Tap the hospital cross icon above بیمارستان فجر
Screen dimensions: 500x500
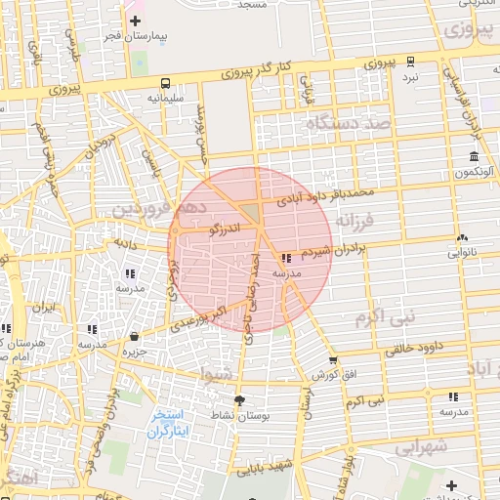pos(135,20)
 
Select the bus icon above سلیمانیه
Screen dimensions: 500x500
pos(167,83)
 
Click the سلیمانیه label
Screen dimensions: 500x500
pos(167,99)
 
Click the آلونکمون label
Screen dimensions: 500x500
pos(472,172)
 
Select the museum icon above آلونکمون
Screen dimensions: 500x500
pos(474,156)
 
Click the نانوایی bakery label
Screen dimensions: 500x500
pos(462,252)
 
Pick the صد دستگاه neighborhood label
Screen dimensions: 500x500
pos(349,124)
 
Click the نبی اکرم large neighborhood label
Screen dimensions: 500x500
pos(385,316)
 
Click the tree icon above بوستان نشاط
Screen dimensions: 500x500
pos(239,399)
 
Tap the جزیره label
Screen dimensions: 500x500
pos(134,352)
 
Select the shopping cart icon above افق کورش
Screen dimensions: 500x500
pos(332,360)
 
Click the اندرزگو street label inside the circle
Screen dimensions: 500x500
pos(224,229)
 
